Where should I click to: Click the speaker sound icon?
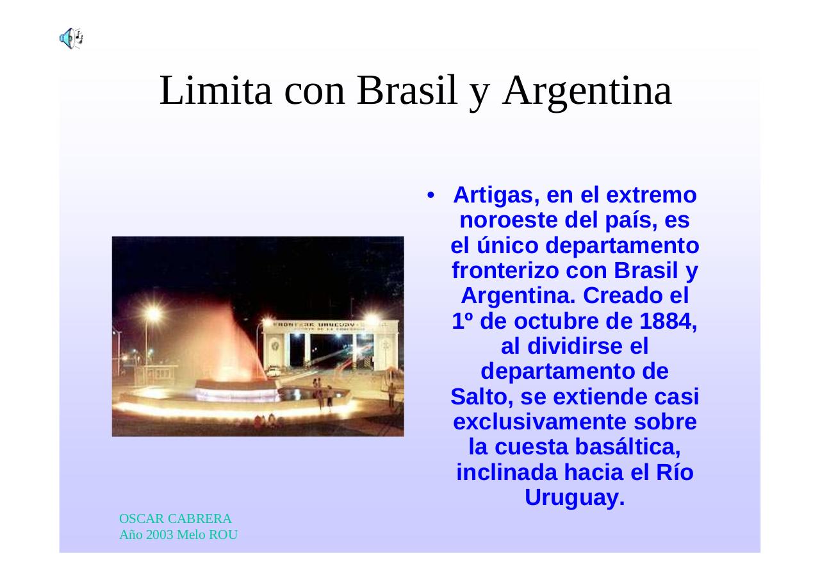pyautogui.click(x=71, y=38)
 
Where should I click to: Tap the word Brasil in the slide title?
pyautogui.click(x=408, y=90)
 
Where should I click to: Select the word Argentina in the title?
pyautogui.click(x=587, y=90)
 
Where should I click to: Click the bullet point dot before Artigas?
pyautogui.click(x=432, y=195)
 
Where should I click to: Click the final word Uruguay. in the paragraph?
pyautogui.click(x=575, y=498)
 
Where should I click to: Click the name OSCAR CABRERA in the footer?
pyautogui.click(x=176, y=519)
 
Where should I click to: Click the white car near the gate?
pyautogui.click(x=274, y=370)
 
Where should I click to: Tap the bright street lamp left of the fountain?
pyautogui.click(x=152, y=313)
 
